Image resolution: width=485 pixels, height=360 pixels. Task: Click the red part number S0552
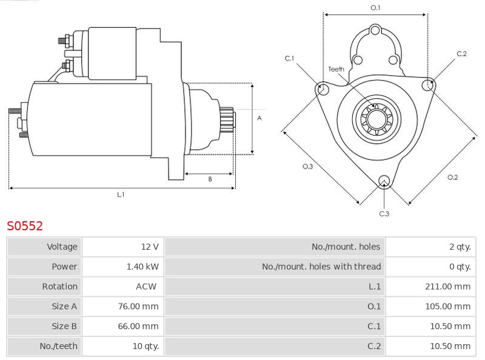[25, 226]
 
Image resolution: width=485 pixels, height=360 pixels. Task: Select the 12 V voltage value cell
[150, 247]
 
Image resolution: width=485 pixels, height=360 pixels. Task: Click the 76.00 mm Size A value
[138, 306]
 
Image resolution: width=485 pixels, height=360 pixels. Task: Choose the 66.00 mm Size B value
[138, 326]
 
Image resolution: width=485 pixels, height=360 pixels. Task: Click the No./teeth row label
[60, 346]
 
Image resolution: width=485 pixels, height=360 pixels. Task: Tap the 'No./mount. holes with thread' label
[321, 266]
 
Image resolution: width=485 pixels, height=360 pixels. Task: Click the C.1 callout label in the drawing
[289, 58]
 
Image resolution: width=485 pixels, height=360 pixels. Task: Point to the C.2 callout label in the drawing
[461, 54]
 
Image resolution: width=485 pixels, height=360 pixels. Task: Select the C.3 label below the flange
[384, 213]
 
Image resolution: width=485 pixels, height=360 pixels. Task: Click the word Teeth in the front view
[336, 69]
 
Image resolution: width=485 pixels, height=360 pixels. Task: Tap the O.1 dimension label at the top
[375, 7]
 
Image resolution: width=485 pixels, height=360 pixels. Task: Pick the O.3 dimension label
[307, 167]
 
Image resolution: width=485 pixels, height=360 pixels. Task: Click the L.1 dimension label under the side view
[121, 195]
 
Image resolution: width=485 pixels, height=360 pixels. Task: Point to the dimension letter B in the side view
[210, 179]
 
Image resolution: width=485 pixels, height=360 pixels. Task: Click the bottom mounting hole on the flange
[383, 181]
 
